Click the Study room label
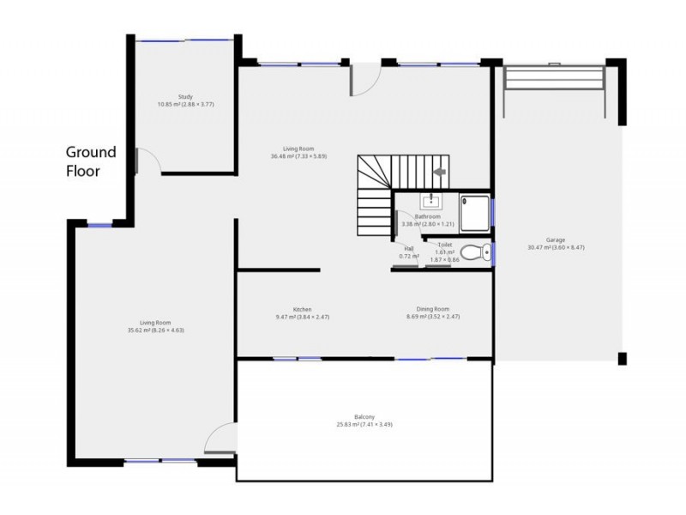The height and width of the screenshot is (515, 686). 185,100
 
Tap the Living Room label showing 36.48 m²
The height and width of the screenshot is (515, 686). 298,153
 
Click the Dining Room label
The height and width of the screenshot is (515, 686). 428,313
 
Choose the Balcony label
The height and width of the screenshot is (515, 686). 364,421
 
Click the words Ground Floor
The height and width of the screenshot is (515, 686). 91,161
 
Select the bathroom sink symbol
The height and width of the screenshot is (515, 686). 428,202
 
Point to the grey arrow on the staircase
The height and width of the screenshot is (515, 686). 440,173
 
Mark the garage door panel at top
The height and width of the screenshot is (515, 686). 555,78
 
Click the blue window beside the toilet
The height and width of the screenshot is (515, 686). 493,252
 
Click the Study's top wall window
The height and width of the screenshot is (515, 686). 185,39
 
